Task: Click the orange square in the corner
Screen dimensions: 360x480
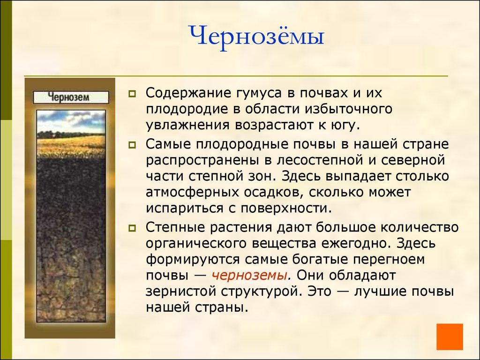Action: coord(449,336)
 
